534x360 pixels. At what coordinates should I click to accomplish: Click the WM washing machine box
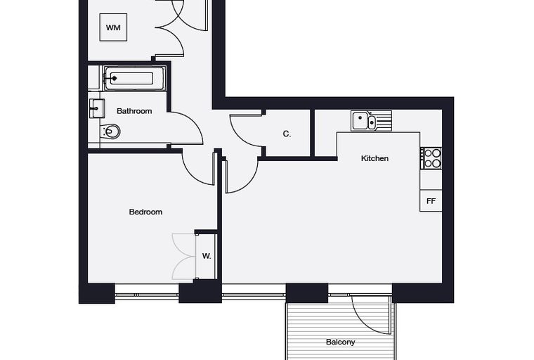(x=113, y=27)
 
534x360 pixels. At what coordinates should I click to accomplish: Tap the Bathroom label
(x=134, y=111)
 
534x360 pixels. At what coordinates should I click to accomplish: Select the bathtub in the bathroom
(x=135, y=79)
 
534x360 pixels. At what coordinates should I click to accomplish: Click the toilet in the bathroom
(x=111, y=131)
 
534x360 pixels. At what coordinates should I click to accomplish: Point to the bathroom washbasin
(x=97, y=109)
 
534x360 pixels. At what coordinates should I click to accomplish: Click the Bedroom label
(x=145, y=212)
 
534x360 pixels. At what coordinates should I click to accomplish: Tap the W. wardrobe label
(x=207, y=256)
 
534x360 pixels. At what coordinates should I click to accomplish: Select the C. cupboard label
(x=287, y=134)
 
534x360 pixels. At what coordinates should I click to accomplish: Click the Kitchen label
(x=375, y=158)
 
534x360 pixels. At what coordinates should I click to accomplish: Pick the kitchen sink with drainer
(x=371, y=121)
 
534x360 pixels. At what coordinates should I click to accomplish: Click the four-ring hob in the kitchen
(x=432, y=158)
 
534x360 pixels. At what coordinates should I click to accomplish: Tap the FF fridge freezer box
(x=431, y=201)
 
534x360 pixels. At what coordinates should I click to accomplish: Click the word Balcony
(x=340, y=342)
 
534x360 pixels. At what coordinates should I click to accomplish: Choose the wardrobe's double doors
(x=183, y=257)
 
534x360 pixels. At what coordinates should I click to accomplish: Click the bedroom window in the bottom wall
(x=147, y=295)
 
